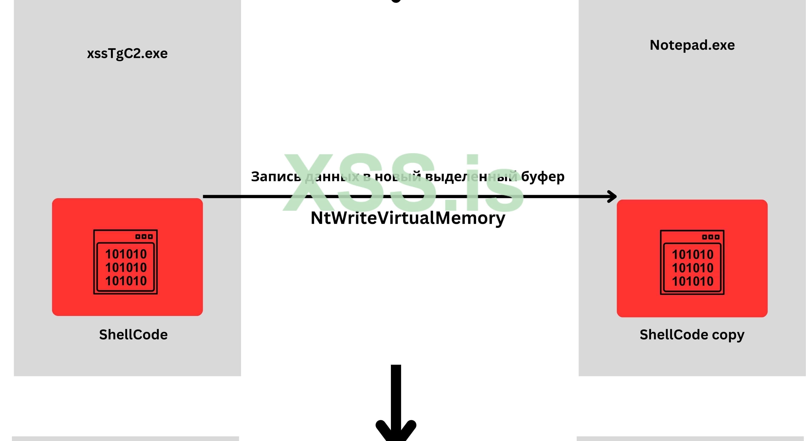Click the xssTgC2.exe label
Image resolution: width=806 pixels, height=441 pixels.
[127, 54]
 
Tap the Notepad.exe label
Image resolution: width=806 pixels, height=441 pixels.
[692, 45]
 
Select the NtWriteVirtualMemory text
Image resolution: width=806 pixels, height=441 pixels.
[408, 218]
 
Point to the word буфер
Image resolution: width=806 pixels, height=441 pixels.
[543, 177]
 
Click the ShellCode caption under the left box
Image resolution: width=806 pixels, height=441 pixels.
[133, 335]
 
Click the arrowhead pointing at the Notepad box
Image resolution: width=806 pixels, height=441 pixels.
[612, 196]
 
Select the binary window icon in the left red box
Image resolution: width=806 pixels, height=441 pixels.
[125, 262]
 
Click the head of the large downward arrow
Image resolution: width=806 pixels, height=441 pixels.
[396, 430]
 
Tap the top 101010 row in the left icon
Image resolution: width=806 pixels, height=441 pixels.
[126, 254]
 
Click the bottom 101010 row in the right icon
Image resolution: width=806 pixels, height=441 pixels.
[692, 281]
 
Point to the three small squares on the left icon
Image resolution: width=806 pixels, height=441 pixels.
[144, 237]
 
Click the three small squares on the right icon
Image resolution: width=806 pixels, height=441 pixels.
[711, 237]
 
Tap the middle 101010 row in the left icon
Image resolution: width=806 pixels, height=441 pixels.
[126, 268]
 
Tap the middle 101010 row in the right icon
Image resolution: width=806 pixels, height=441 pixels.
[692, 268]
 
